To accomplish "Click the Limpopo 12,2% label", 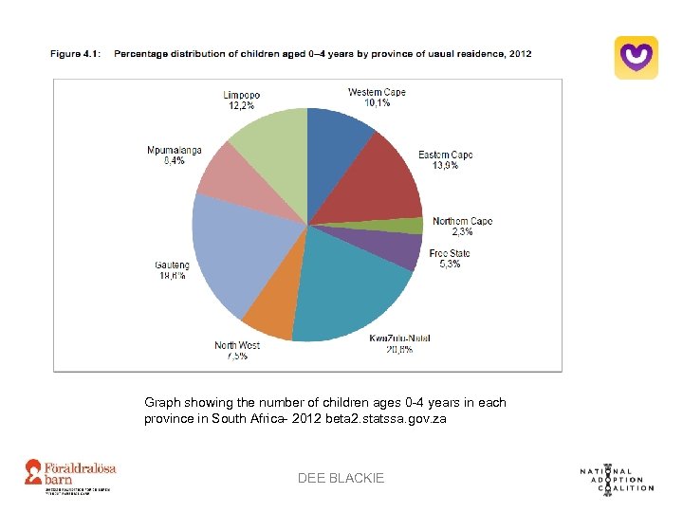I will coord(242,101).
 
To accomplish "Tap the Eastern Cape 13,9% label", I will coord(445,160).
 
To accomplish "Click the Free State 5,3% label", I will coord(449,259).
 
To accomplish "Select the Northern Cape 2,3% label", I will coord(462,227).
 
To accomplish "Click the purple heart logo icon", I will coord(636,58).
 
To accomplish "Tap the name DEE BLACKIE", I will coord(341,479).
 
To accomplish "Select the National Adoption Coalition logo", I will coord(617,479).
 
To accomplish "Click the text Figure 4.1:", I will coord(79,54).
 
